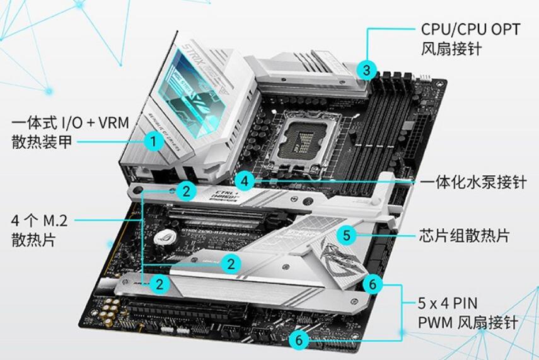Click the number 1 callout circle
click(x=153, y=141)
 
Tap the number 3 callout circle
click(x=367, y=69)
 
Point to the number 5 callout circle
click(x=346, y=236)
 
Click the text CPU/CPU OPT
click(x=470, y=29)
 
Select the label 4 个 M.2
click(x=39, y=221)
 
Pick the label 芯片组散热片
click(x=464, y=236)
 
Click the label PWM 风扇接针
click(x=468, y=322)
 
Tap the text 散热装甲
click(x=42, y=142)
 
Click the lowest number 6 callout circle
click(x=299, y=340)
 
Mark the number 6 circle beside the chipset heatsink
click(x=373, y=284)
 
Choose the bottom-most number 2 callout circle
click(x=160, y=284)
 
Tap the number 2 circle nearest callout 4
click(x=185, y=190)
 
